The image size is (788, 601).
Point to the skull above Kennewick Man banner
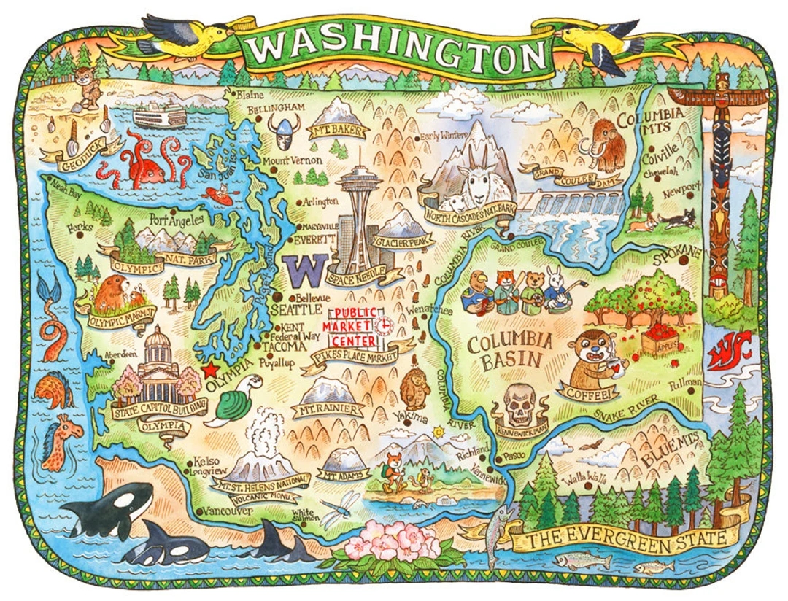click(520, 403)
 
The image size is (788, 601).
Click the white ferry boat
click(160, 115)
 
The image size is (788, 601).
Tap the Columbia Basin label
click(505, 351)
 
